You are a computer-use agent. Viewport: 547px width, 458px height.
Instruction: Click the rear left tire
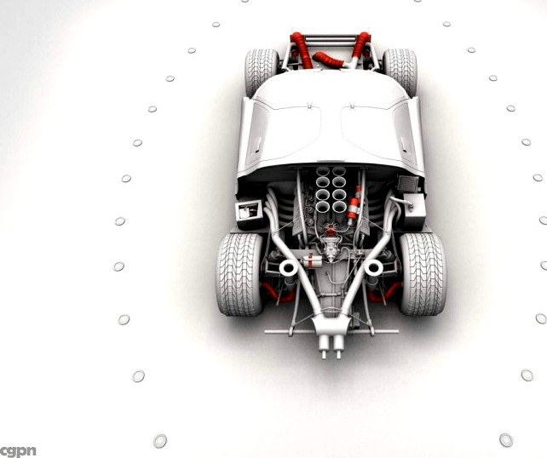click(239, 272)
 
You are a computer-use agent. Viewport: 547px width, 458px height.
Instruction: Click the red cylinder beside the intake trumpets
click(354, 204)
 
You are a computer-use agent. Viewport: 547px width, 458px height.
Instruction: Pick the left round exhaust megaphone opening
click(288, 268)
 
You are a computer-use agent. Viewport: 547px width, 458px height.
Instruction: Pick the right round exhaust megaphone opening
click(372, 267)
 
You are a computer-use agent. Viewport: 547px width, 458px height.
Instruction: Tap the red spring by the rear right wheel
click(389, 291)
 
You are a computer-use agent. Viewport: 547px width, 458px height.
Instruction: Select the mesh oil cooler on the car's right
click(408, 183)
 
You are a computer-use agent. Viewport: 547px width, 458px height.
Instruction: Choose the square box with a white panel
click(249, 210)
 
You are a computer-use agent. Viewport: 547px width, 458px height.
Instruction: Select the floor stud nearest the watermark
click(159, 440)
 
